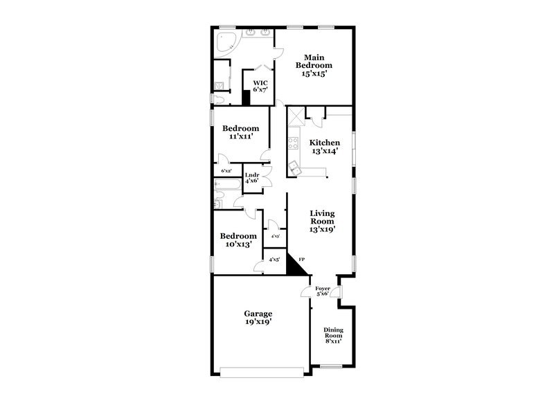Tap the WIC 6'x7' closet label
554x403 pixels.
260,86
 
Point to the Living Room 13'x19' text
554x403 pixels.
322,221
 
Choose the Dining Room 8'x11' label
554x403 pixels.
333,334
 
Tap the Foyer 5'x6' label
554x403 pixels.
322,290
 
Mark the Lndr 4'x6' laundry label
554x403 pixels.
251,178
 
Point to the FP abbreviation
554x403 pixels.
301,259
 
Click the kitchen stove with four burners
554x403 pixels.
293,145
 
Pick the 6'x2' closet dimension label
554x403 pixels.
226,170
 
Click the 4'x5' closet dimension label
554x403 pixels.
274,260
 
